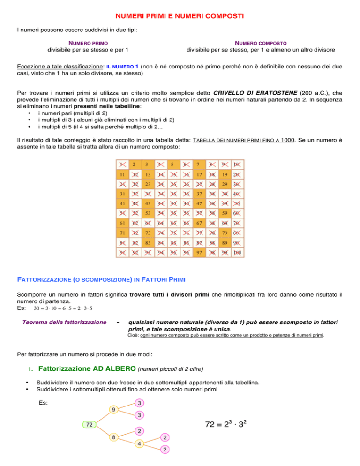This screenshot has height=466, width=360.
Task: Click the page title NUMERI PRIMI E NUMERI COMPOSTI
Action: (180, 17)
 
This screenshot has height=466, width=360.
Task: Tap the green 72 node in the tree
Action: (88, 424)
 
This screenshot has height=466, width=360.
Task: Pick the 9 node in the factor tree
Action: (113, 409)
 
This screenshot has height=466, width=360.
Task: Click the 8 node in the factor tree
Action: (113, 437)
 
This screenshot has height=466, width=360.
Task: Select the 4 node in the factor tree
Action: (140, 443)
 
